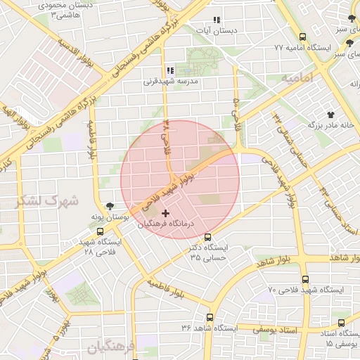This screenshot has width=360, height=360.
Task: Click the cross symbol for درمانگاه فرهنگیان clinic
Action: (x=165, y=212)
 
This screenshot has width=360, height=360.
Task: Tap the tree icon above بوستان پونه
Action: (x=109, y=207)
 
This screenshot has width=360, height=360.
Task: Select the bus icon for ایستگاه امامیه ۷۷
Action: (x=302, y=37)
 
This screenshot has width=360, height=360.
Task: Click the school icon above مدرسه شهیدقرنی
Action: (x=169, y=70)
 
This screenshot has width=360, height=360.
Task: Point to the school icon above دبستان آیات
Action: (x=217, y=20)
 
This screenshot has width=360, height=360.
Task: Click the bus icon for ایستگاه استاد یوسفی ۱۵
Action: (x=341, y=323)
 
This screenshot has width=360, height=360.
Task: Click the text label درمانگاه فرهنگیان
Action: (x=163, y=224)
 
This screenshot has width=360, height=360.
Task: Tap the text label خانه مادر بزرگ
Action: (x=330, y=124)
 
